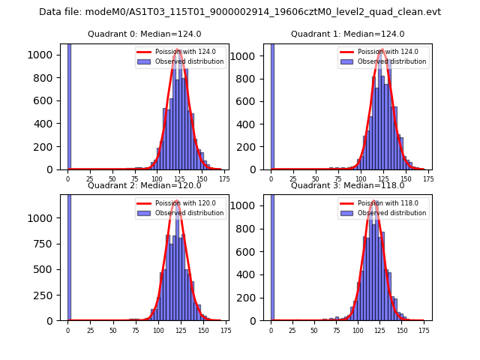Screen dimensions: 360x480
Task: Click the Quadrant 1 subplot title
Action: (347, 34)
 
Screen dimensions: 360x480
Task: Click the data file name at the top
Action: (240, 12)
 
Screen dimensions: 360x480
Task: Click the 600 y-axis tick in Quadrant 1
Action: (253, 100)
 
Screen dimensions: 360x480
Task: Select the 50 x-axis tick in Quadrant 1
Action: (316, 179)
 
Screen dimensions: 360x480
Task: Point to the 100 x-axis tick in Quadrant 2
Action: (158, 330)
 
